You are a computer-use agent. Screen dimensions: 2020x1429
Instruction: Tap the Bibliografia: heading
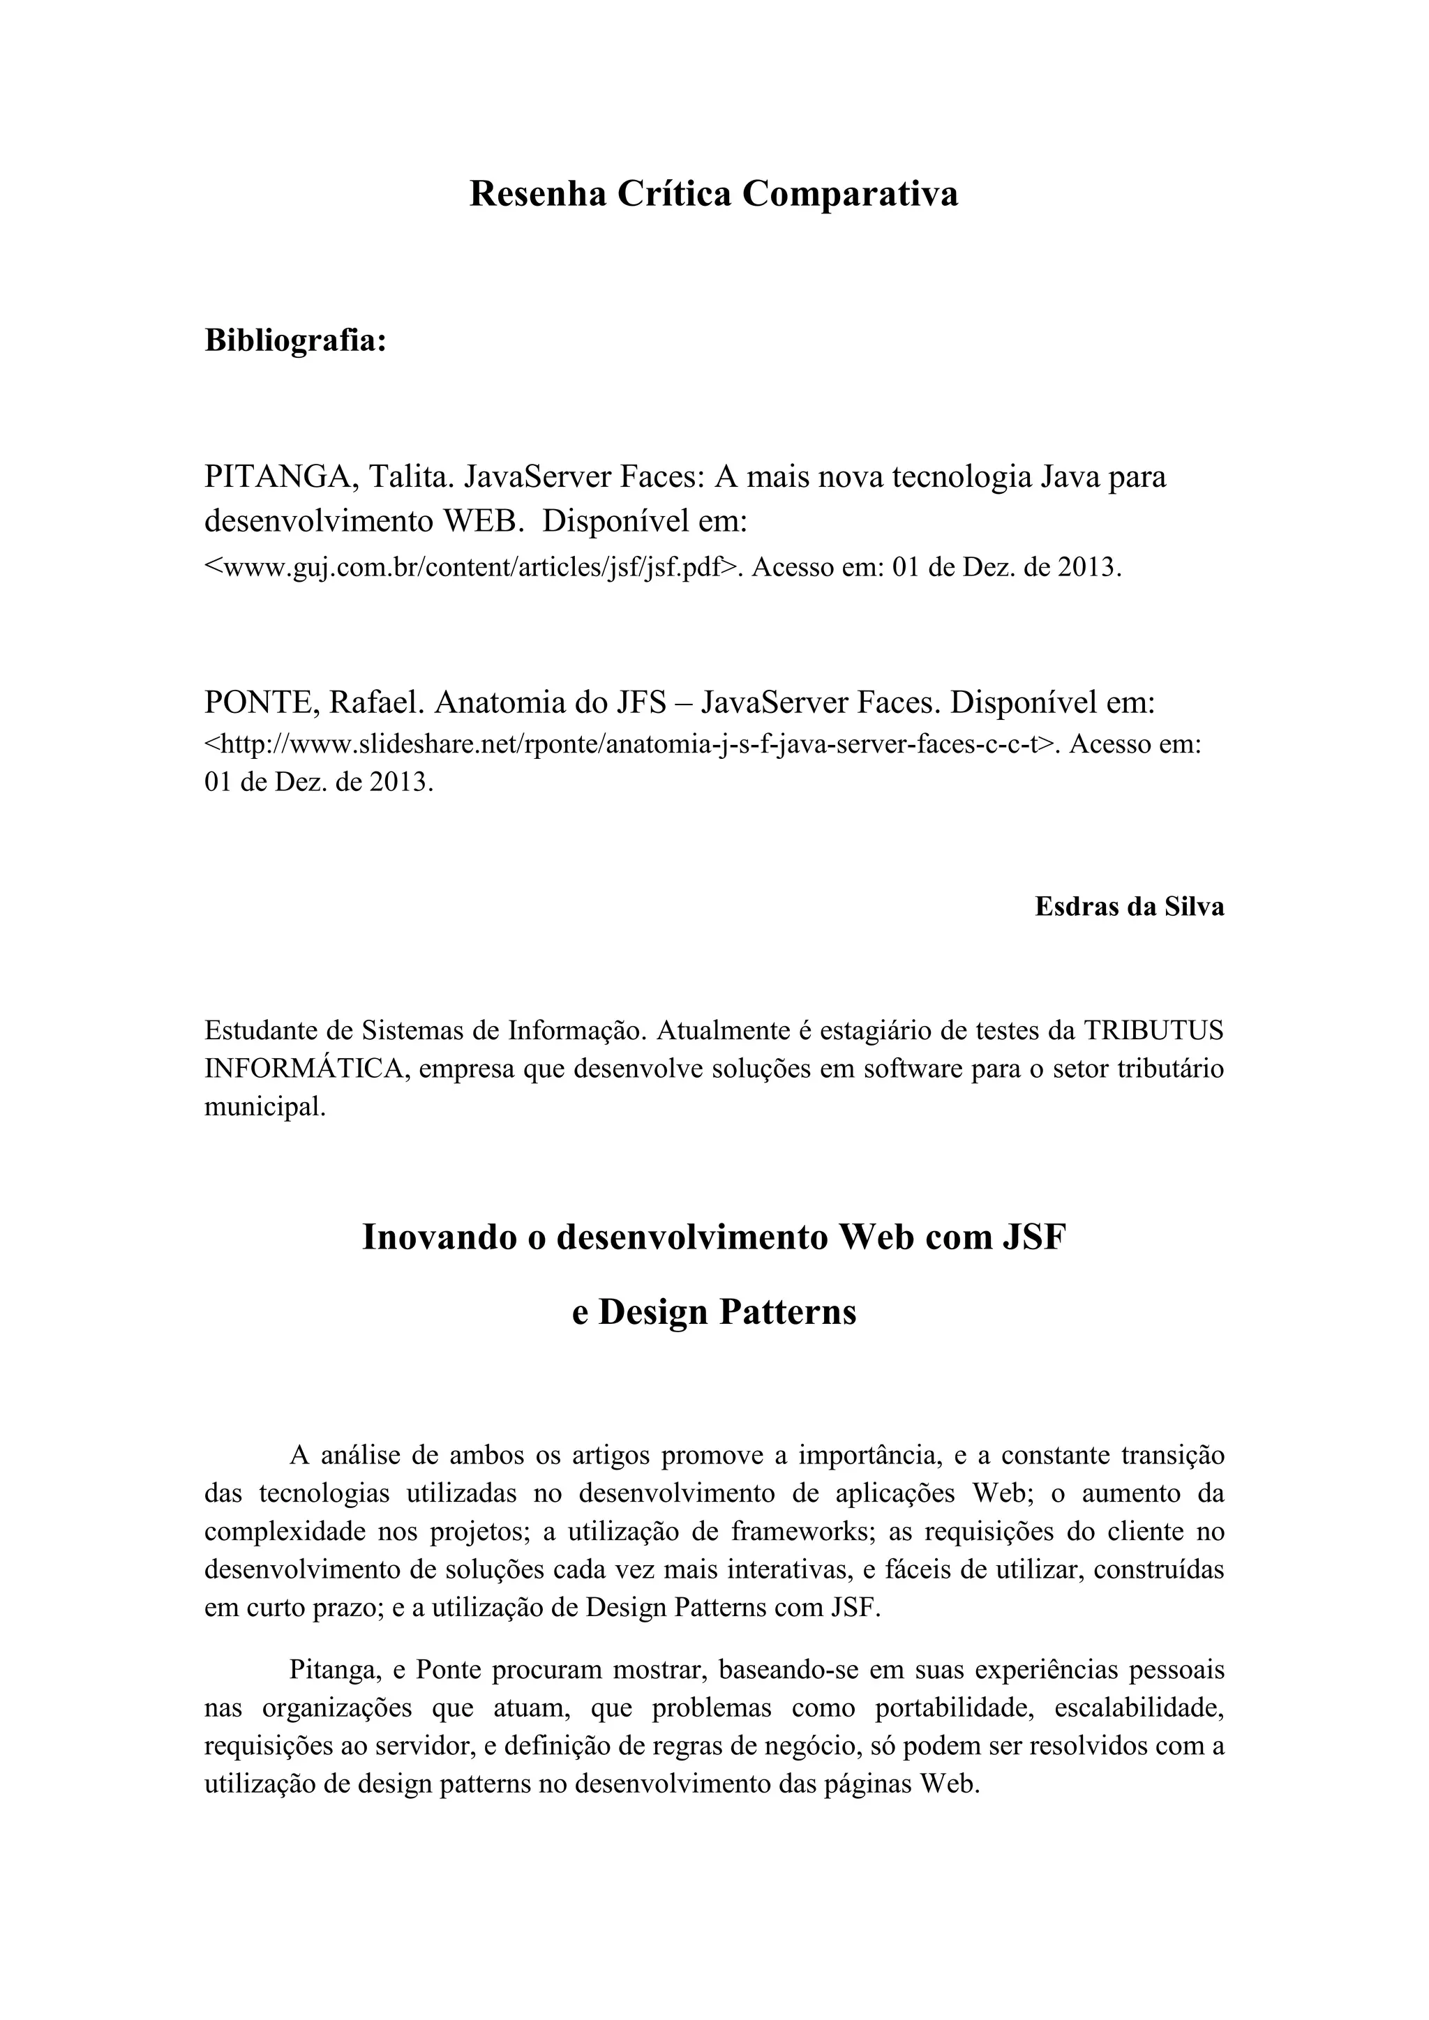click(296, 340)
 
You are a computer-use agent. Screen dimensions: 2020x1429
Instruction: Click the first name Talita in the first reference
click(408, 477)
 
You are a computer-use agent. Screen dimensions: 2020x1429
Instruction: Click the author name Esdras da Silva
click(1129, 907)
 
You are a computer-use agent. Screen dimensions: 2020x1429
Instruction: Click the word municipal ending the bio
click(264, 1108)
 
